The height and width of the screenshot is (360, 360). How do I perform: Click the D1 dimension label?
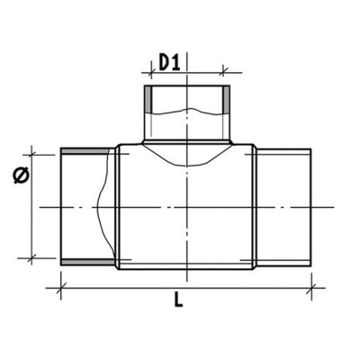169,63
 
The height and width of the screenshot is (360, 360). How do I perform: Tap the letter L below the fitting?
178,299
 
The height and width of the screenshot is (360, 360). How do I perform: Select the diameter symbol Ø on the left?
22,175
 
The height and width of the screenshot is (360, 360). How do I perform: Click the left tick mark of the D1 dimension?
151,72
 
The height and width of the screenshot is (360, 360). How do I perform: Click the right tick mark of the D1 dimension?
223,72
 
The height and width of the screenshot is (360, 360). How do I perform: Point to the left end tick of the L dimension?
61,288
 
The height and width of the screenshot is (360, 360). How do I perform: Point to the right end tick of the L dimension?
311,288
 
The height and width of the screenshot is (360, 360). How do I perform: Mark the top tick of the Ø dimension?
31,155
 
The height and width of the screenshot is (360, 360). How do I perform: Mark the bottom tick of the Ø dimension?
31,257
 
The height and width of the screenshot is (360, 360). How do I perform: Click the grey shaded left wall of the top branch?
148,100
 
